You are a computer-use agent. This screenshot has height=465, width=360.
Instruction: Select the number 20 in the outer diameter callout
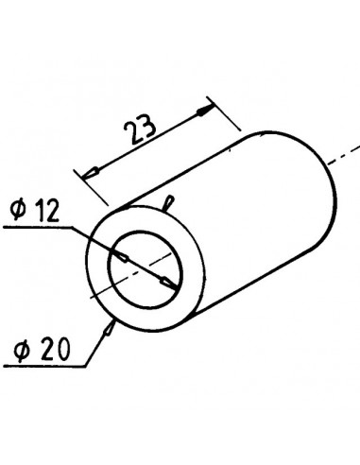46,352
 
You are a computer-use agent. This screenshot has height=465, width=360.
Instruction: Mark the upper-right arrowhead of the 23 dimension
203,111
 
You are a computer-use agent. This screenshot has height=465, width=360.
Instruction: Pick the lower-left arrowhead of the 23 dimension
92,172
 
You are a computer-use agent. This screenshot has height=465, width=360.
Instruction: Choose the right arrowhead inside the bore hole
164,281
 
